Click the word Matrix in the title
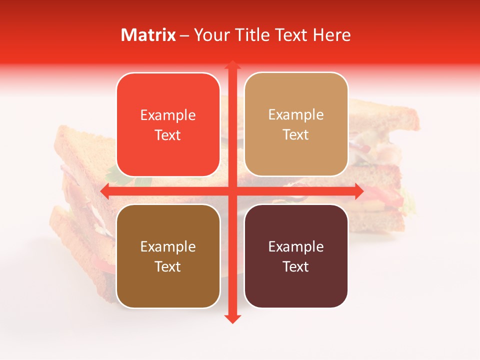(x=148, y=35)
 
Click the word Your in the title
(x=210, y=35)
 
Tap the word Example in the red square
(x=168, y=115)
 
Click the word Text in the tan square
(x=296, y=135)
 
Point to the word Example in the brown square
(x=168, y=247)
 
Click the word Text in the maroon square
(x=296, y=266)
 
